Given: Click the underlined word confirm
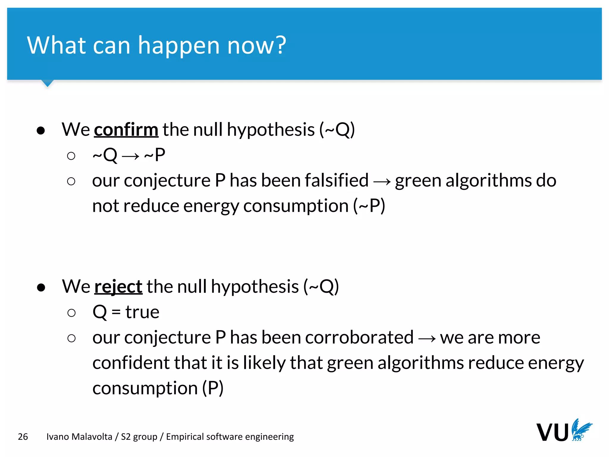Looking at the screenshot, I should pyautogui.click(x=126, y=130).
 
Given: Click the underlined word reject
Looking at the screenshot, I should pyautogui.click(x=118, y=287).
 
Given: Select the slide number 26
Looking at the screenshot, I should pyautogui.click(x=23, y=436).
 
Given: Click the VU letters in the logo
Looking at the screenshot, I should pyautogui.click(x=553, y=432).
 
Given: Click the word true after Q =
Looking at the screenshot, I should pyautogui.click(x=142, y=312).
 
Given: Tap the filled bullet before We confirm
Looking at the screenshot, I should pyautogui.click(x=41, y=130).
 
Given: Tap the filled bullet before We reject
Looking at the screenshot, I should pyautogui.click(x=41, y=287).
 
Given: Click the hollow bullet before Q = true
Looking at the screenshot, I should pyautogui.click(x=71, y=313).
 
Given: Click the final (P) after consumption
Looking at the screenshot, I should pyautogui.click(x=213, y=388).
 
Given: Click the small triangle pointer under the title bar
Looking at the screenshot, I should pyautogui.click(x=48, y=83).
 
